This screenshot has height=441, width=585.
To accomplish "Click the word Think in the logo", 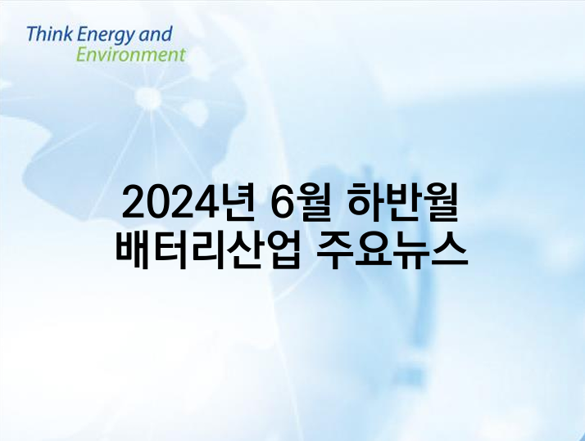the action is pos(49,34).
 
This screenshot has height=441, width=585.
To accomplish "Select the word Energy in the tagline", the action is pos(105,36).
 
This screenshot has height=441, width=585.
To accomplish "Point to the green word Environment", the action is pos(130,54).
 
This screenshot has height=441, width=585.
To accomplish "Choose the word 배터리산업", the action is pos(208,250).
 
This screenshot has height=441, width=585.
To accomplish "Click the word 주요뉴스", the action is pos(392,250).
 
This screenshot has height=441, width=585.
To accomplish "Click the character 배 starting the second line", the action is pos(134,250).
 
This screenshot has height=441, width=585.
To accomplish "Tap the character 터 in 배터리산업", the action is pos(170,250).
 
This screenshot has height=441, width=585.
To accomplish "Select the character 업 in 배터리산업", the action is pos(283,250).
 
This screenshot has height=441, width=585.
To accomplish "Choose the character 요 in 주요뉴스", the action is pos(373,250).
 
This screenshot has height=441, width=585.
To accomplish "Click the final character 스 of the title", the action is pos(450,250).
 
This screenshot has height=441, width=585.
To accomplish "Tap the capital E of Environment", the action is pos(81,54).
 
